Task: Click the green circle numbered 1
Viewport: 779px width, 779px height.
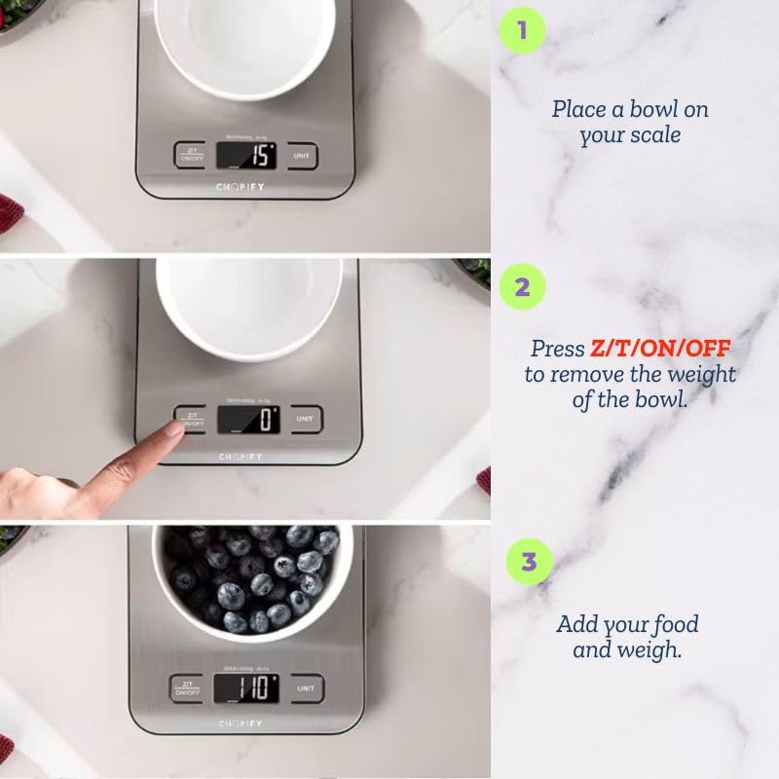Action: tap(522, 30)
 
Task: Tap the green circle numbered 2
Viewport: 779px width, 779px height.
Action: tap(522, 287)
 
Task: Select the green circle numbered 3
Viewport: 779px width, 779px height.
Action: tap(529, 562)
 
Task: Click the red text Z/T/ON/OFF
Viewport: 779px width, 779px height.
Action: tap(660, 349)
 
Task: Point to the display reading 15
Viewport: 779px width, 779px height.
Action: tap(245, 154)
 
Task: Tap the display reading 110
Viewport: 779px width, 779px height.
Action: tap(245, 687)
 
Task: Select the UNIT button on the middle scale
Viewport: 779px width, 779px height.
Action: tap(306, 420)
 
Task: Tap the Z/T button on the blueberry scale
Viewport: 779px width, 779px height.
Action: tap(186, 688)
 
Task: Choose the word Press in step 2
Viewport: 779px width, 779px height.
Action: tap(558, 349)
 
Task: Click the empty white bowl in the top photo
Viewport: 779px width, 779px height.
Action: tap(244, 44)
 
